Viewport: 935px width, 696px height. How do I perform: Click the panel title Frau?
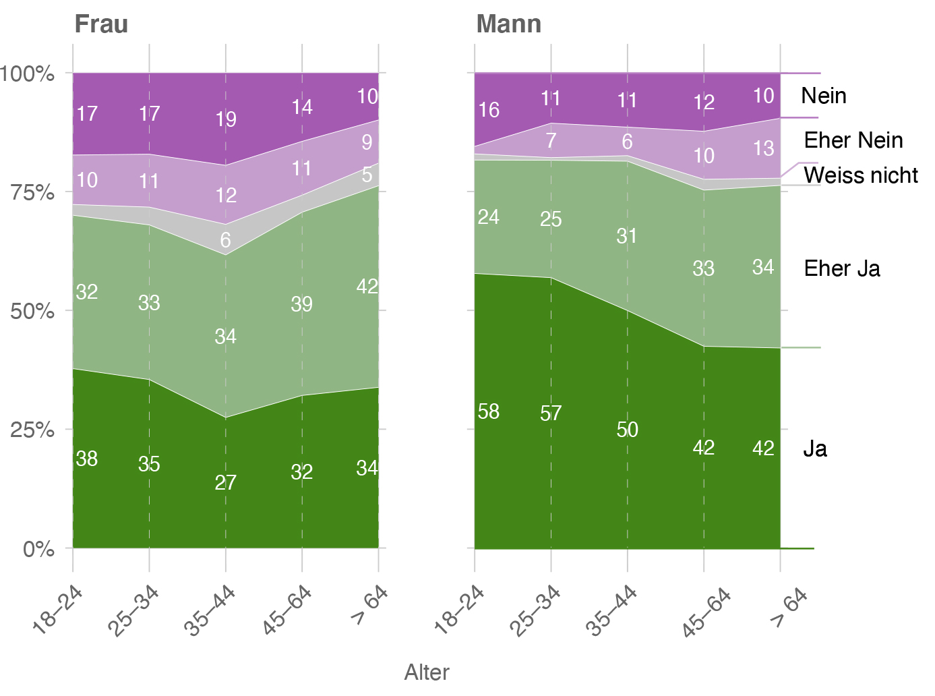101,24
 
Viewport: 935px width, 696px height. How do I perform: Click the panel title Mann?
508,24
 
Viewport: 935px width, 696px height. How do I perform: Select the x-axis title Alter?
427,672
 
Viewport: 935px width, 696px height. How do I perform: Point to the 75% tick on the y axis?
32,192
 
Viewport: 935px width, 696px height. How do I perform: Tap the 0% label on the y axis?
38,549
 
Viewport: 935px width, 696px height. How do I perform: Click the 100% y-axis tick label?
28,74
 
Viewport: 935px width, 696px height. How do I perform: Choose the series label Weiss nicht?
861,175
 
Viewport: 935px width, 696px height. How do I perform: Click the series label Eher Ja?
842,268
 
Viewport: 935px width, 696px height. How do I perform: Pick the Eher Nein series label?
853,140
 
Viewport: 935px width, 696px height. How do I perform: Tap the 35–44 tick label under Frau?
210,610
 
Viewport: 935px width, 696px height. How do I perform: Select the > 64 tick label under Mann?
789,606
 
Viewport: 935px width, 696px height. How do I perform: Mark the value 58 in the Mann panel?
489,411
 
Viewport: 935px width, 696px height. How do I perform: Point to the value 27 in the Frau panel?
225,483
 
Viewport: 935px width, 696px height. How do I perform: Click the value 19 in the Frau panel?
226,119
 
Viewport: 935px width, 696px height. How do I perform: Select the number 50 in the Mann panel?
627,430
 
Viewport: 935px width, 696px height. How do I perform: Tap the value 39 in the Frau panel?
301,304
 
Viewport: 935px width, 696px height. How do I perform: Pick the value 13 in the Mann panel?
763,148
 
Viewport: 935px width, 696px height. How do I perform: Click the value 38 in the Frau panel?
87,459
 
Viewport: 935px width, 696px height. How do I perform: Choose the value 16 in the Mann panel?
489,109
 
